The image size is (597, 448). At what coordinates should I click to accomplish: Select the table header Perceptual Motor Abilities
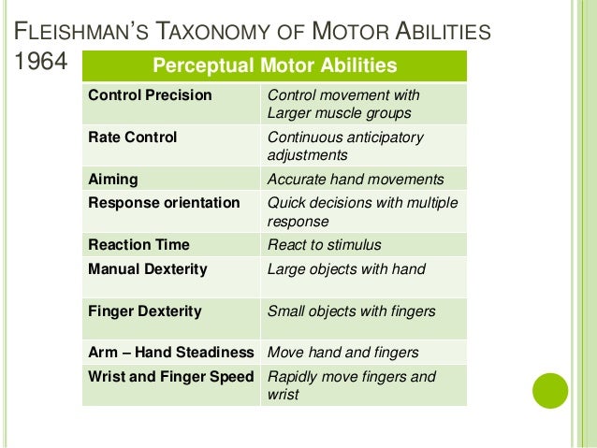(x=274, y=66)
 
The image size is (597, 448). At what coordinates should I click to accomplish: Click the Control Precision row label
(x=150, y=95)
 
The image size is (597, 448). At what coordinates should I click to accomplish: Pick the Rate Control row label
(x=132, y=137)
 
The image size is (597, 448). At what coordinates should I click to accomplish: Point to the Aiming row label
(x=112, y=179)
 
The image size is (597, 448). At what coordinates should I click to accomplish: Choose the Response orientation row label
(x=164, y=202)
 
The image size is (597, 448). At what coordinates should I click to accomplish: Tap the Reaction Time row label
(x=138, y=245)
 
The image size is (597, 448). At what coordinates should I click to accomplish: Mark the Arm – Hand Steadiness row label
(x=170, y=353)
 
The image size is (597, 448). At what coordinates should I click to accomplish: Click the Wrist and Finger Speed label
(x=170, y=377)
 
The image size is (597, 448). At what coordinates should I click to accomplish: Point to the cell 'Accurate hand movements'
(x=356, y=179)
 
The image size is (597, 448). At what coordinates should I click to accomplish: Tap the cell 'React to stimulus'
(x=324, y=245)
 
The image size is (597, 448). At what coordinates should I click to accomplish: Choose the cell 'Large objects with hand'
(x=346, y=269)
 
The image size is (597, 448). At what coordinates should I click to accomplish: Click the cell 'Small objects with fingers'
(x=351, y=311)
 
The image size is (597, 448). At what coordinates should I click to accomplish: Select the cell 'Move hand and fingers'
(x=342, y=353)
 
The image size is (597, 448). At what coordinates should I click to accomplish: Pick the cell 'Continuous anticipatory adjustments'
(x=345, y=146)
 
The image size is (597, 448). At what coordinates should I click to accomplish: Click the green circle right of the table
(x=550, y=390)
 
